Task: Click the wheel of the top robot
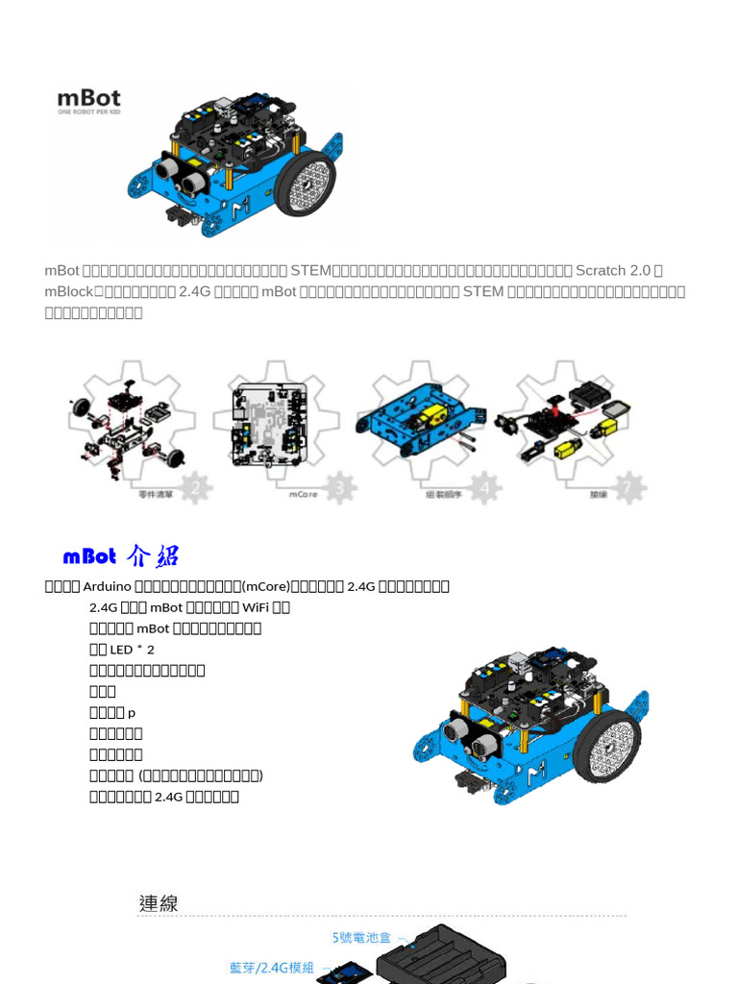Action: [305, 183]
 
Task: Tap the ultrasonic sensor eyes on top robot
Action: [181, 174]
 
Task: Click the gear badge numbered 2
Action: [196, 488]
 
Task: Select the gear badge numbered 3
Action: [340, 488]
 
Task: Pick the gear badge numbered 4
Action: [485, 488]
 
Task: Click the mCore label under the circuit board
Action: [303, 495]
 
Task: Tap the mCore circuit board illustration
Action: [269, 425]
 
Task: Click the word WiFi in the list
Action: [255, 607]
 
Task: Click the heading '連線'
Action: [159, 903]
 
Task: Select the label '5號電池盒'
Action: [362, 937]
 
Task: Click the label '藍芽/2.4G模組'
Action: [272, 968]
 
